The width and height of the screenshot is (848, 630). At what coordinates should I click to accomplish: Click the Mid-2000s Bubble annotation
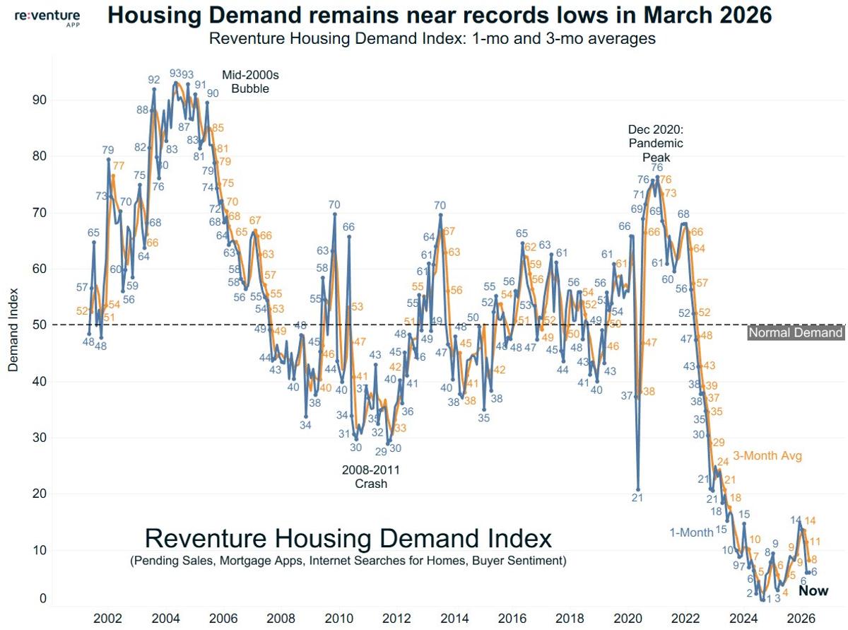click(x=245, y=82)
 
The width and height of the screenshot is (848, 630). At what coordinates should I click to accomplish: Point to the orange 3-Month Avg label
click(x=767, y=456)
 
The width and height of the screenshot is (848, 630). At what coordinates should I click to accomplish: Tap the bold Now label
click(x=813, y=590)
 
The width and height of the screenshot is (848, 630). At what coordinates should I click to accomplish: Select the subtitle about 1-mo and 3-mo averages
click(x=432, y=38)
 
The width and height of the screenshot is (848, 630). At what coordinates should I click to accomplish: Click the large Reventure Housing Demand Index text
click(x=348, y=539)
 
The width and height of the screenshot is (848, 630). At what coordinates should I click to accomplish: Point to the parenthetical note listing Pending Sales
click(x=348, y=561)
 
